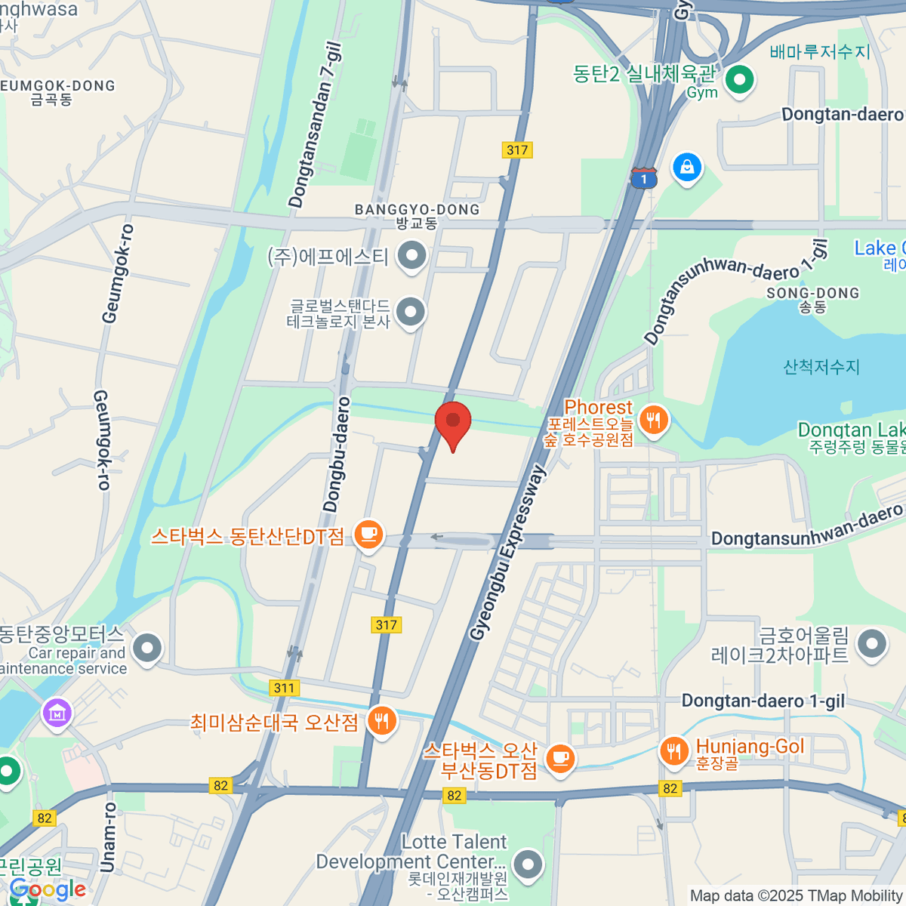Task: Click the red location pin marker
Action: click(x=453, y=423)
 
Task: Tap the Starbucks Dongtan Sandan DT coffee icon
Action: click(x=368, y=535)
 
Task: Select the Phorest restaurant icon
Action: click(x=654, y=419)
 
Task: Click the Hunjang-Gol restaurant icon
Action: click(x=673, y=750)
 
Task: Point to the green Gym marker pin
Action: click(x=739, y=79)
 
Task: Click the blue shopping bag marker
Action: click(x=687, y=167)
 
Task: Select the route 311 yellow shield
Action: click(x=284, y=688)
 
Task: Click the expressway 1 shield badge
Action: click(x=644, y=179)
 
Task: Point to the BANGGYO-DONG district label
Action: click(x=417, y=210)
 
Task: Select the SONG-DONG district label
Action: click(x=812, y=293)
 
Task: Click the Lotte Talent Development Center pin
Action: click(x=528, y=863)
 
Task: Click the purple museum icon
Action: click(x=57, y=712)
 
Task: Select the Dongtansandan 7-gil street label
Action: click(x=316, y=125)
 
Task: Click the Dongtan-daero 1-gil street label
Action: click(x=763, y=701)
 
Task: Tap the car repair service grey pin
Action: click(x=147, y=647)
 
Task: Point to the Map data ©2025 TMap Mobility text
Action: click(x=796, y=896)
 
